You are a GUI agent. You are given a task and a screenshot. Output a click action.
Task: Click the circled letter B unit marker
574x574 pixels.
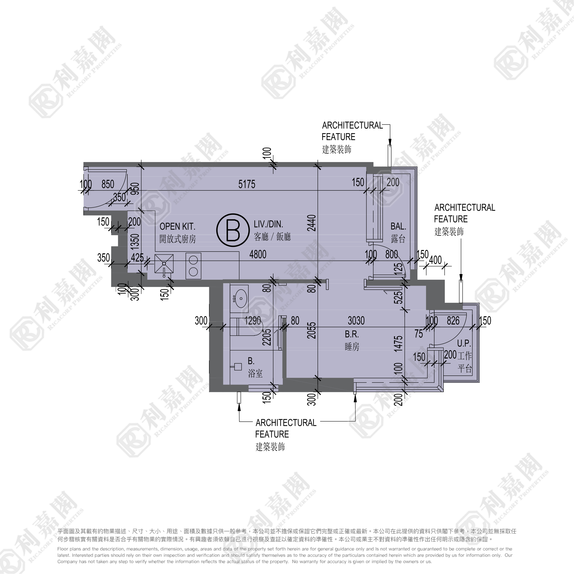(x=233, y=230)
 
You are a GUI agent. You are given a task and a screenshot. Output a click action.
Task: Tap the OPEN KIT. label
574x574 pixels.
(x=177, y=226)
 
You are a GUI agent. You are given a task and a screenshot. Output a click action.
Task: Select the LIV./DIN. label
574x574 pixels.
(x=268, y=224)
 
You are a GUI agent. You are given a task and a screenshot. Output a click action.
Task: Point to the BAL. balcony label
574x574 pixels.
(x=398, y=226)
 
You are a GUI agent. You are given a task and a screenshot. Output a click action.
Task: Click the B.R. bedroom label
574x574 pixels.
(x=352, y=334)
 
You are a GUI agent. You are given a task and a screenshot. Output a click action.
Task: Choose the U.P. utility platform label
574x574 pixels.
(x=464, y=343)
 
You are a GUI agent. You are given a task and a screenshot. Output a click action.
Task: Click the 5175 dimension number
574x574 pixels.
(x=247, y=184)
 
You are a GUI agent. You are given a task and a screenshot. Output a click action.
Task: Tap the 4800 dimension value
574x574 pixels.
(x=258, y=255)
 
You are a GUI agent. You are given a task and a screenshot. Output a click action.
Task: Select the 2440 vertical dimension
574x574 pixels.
(x=312, y=223)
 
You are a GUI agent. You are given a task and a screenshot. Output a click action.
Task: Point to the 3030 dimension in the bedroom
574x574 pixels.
(x=356, y=321)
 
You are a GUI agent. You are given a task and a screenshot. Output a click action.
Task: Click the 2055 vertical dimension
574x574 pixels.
(x=311, y=330)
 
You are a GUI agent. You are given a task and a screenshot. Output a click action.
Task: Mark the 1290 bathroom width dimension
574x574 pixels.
(x=253, y=321)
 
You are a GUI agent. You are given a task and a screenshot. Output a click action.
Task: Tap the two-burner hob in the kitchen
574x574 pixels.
(x=193, y=266)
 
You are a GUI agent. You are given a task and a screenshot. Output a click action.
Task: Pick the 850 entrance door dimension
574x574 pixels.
(x=108, y=184)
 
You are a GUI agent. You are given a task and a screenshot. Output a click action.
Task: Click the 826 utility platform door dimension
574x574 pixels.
(x=453, y=321)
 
